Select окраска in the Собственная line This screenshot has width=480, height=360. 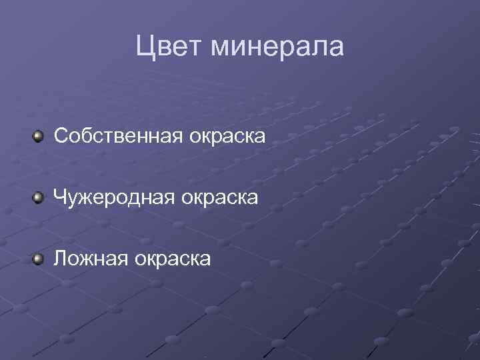point(227,136)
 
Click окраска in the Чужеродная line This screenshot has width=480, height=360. point(221,197)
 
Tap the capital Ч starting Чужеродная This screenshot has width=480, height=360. point(60,197)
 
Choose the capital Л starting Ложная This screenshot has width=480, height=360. point(59,257)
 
